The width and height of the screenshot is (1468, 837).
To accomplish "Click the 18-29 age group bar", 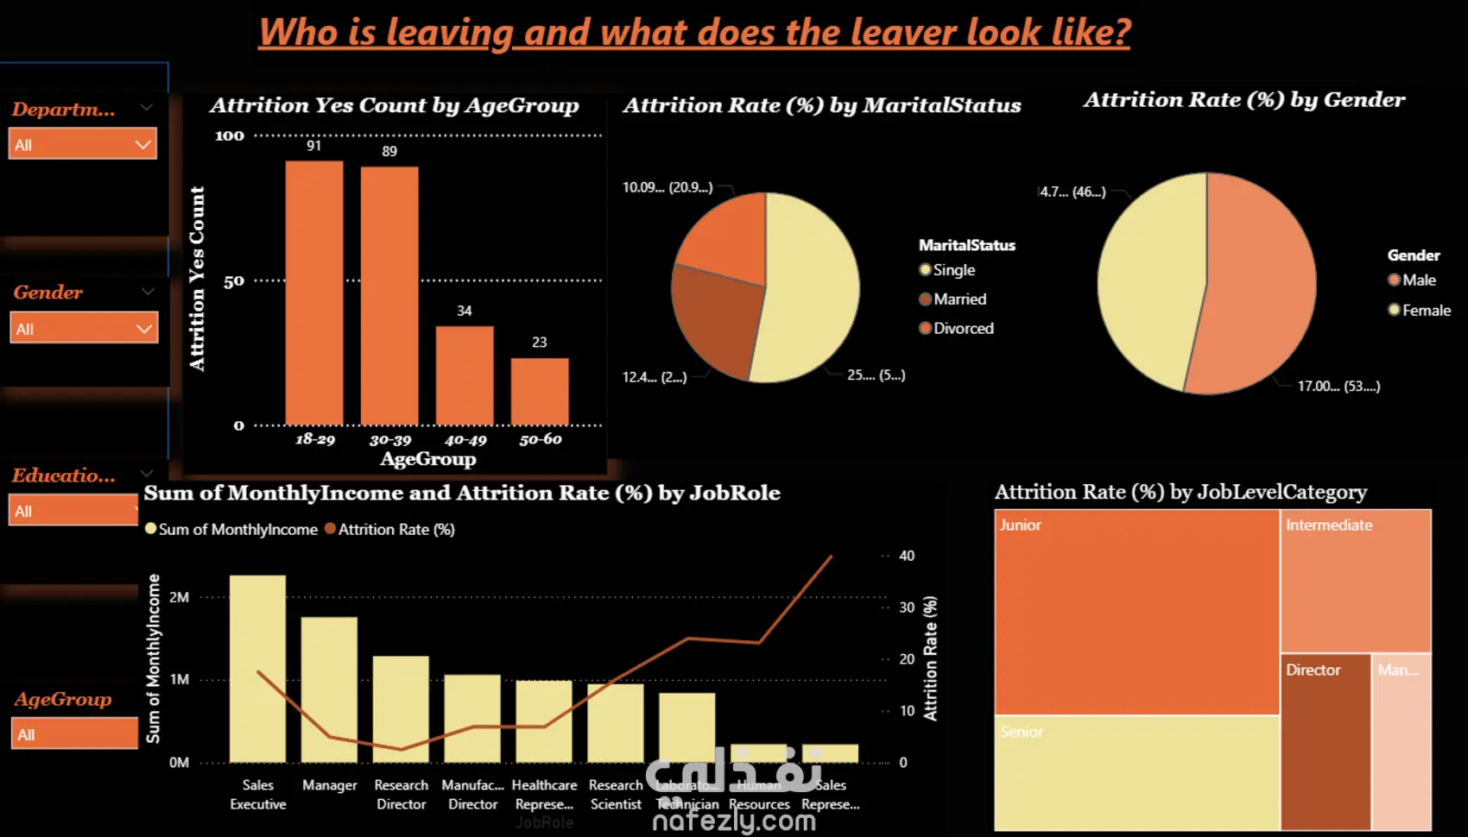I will pyautogui.click(x=314, y=293).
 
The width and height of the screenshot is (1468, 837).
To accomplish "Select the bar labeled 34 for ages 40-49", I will pyautogui.click(x=465, y=375).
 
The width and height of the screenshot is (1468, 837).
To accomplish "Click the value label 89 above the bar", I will pyautogui.click(x=389, y=152).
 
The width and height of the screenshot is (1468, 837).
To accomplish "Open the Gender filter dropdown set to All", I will pyautogui.click(x=84, y=329).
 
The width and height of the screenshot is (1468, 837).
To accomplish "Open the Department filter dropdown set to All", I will pyautogui.click(x=83, y=144).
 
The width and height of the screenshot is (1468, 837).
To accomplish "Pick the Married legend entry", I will pyautogui.click(x=959, y=299).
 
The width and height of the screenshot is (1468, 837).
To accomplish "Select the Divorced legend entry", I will pyautogui.click(x=963, y=329).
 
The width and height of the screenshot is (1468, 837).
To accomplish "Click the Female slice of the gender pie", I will pyautogui.click(x=1148, y=285).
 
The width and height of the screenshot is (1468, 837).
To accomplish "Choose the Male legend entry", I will pyautogui.click(x=1419, y=280).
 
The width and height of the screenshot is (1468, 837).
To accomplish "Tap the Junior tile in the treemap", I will pyautogui.click(x=1136, y=613).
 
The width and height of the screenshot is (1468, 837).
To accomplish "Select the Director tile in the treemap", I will pyautogui.click(x=1326, y=742).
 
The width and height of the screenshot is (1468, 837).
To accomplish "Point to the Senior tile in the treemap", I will pyautogui.click(x=1136, y=772).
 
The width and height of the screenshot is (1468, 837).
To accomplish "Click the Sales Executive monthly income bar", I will pyautogui.click(x=257, y=669).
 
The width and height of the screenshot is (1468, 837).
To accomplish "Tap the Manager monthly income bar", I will pyautogui.click(x=329, y=690).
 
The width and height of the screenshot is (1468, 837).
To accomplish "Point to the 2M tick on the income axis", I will pyautogui.click(x=179, y=597).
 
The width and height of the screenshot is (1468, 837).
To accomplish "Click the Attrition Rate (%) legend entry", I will pyautogui.click(x=395, y=530).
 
